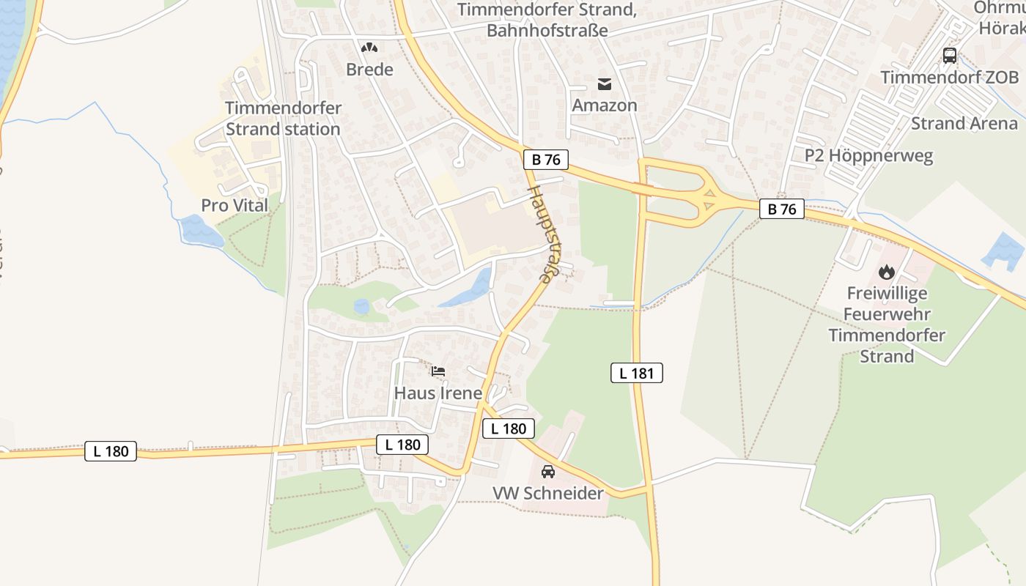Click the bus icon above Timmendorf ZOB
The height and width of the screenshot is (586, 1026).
click(949, 55)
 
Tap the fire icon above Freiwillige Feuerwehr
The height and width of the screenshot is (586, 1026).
click(887, 272)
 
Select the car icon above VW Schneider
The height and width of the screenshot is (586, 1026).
click(548, 472)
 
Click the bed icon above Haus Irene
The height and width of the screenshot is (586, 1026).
click(438, 371)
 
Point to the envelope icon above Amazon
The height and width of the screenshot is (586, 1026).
click(604, 84)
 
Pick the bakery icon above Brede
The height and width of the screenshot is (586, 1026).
click(369, 48)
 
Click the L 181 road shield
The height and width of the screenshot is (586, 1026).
click(636, 373)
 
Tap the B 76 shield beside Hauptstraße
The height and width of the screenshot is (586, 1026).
click(546, 160)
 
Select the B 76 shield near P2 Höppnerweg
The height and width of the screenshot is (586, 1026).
click(781, 209)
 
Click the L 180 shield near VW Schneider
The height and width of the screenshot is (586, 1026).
click(508, 429)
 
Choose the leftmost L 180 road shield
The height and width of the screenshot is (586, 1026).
click(111, 451)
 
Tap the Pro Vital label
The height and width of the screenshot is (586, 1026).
click(235, 205)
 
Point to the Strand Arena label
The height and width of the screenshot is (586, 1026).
click(964, 123)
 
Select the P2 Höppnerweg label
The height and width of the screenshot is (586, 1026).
click(868, 155)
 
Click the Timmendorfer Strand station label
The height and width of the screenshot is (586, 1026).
click(283, 119)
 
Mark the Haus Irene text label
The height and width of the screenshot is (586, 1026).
click(438, 393)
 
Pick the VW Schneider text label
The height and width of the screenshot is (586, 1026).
click(548, 493)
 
